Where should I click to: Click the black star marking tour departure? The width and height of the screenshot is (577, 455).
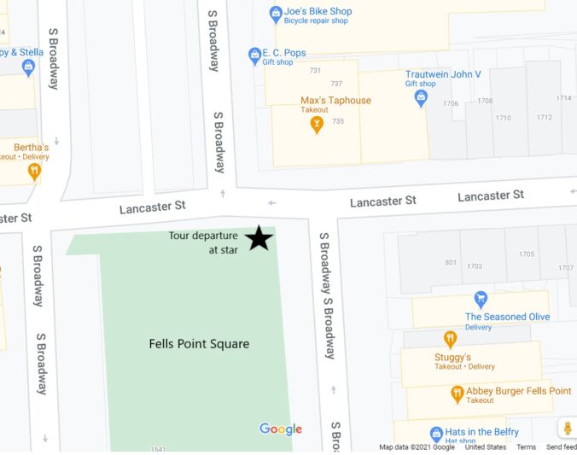(x=259, y=238)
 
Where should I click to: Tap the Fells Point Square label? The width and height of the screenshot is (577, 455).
(x=199, y=344)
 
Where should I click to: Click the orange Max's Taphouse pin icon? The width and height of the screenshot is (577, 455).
(x=317, y=125)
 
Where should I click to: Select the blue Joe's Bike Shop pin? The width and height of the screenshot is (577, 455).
(x=276, y=13)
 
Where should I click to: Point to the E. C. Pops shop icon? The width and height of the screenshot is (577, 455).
(x=254, y=56)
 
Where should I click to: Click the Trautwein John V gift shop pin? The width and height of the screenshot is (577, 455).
(x=420, y=99)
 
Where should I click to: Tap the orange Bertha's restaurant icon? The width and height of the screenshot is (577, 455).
(x=33, y=171)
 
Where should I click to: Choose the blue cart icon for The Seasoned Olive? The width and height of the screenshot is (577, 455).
(x=481, y=300)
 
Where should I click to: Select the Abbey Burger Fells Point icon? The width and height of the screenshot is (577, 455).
(x=457, y=394)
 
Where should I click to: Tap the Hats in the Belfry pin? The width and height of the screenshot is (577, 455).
(x=436, y=433)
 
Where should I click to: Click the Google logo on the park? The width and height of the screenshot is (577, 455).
(x=281, y=429)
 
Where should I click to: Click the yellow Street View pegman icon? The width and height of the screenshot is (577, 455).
(x=567, y=429)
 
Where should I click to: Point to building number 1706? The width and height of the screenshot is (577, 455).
(x=451, y=103)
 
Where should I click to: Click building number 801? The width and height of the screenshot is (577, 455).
(x=451, y=262)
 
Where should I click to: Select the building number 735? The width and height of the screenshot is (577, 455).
(x=338, y=121)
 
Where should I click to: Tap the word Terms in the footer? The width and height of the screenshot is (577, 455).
(x=526, y=447)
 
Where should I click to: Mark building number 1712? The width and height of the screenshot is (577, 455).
(x=544, y=117)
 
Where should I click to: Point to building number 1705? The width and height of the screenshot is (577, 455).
(x=527, y=254)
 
